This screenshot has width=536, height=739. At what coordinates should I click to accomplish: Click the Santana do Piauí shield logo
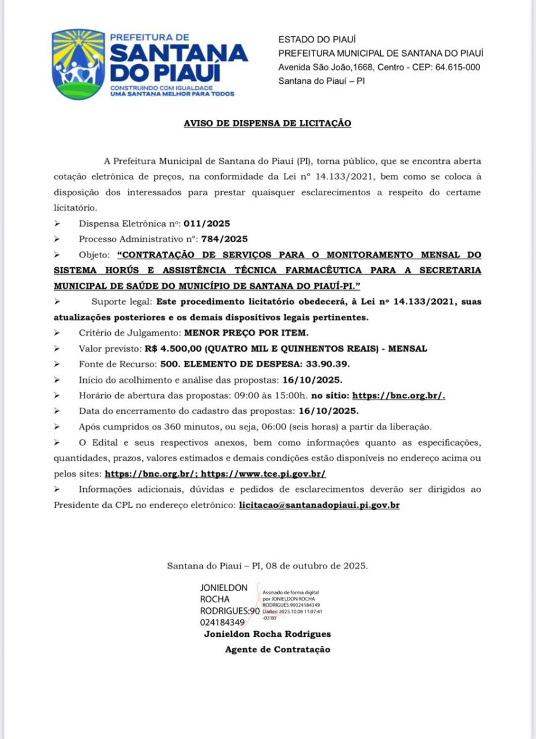coord(78,64)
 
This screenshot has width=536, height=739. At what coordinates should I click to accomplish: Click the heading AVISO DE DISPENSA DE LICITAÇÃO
coord(267,123)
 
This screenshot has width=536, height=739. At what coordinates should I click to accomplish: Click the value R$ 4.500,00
coord(180,349)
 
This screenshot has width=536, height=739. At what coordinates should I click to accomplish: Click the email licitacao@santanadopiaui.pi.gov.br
coord(319,505)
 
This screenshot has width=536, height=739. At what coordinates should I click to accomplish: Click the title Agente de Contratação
coord(277,649)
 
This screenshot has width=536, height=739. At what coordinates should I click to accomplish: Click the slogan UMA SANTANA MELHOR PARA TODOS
coord(172,94)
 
